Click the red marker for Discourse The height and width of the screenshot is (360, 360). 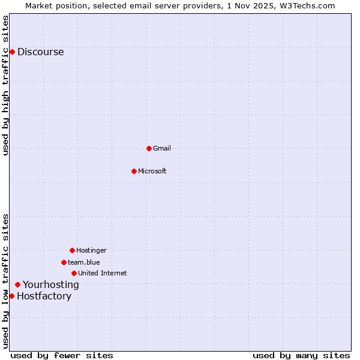click(x=12, y=52)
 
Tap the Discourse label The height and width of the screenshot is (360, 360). click(x=40, y=52)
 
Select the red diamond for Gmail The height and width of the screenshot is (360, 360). click(x=149, y=148)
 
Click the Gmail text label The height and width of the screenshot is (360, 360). click(x=162, y=148)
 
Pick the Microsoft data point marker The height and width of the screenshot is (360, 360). click(x=134, y=171)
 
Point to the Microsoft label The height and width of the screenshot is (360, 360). click(x=152, y=171)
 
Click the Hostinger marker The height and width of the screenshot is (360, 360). click(x=72, y=250)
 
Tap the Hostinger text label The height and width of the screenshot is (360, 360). click(x=91, y=250)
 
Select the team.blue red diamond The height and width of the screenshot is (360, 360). click(x=64, y=262)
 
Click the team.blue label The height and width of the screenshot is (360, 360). click(x=84, y=262)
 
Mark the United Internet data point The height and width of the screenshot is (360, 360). click(x=74, y=273)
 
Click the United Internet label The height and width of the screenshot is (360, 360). click(x=103, y=273)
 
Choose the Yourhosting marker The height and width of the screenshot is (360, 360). click(x=17, y=284)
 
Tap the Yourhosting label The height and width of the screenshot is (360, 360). click(x=51, y=284)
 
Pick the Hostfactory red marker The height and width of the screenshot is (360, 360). click(x=11, y=296)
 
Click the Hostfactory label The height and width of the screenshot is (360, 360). click(x=44, y=296)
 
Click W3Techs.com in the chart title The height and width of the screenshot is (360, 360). click(x=310, y=5)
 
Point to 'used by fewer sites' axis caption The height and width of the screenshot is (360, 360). click(x=62, y=355)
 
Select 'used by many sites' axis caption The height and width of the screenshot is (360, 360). click(x=301, y=355)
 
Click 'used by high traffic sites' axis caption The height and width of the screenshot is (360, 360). click(x=5, y=85)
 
